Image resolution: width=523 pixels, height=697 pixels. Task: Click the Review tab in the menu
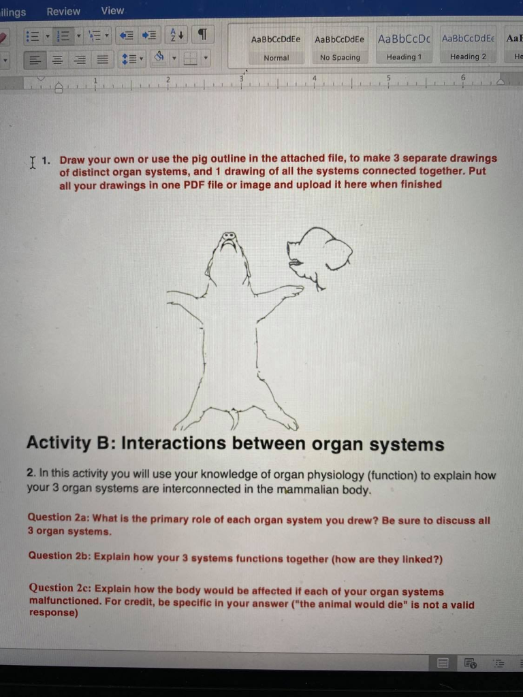pyautogui.click(x=63, y=12)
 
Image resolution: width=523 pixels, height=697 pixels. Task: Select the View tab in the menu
pyautogui.click(x=112, y=11)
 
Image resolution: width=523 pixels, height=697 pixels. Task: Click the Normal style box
pyautogui.click(x=276, y=47)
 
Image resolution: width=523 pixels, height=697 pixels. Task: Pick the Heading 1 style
pyautogui.click(x=404, y=47)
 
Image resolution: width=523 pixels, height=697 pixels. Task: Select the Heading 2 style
pyautogui.click(x=469, y=47)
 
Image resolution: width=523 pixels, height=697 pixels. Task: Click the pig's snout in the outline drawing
pyautogui.click(x=229, y=239)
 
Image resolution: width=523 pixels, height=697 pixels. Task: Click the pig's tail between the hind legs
pyautogui.click(x=233, y=417)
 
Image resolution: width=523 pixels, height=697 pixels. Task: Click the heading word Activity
pyautogui.click(x=58, y=443)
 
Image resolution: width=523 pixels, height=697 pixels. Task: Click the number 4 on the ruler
pyautogui.click(x=315, y=78)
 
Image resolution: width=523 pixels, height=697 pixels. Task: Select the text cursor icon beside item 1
pyautogui.click(x=32, y=161)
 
